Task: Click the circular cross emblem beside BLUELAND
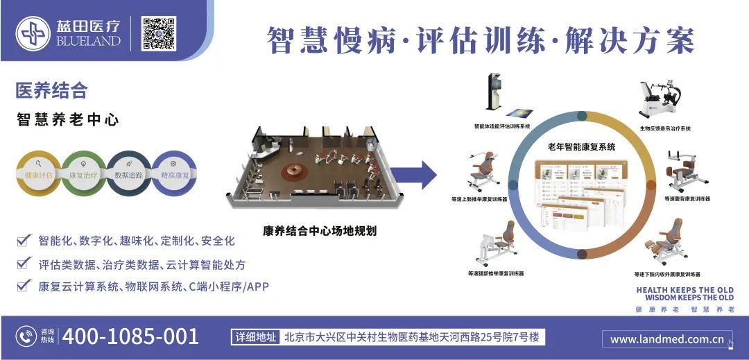tap(34, 32)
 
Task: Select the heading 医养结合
tap(52, 90)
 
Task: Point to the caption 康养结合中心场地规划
tap(320, 231)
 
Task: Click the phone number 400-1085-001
tap(131, 337)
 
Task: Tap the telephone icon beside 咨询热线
tap(26, 337)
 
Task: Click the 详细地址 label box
tap(256, 338)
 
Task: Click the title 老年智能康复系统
tap(581, 146)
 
